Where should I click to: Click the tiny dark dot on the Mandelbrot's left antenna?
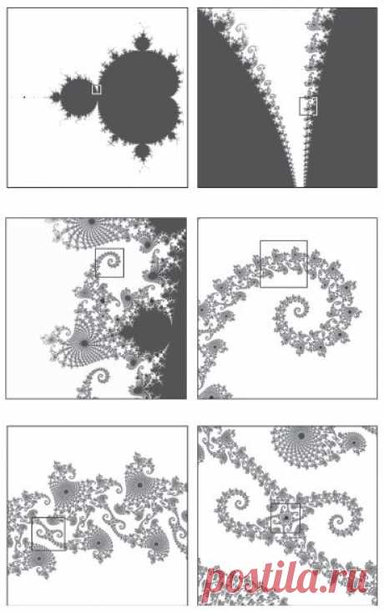coord(24,97)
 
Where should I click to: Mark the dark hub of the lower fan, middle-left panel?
coord(84,343)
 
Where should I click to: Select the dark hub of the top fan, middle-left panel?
coord(92,221)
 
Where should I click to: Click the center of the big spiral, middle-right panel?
coord(299,311)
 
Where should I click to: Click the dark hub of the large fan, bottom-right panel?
coord(301,436)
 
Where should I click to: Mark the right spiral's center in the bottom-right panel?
coord(339,519)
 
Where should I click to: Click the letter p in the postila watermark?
coord(215,583)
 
